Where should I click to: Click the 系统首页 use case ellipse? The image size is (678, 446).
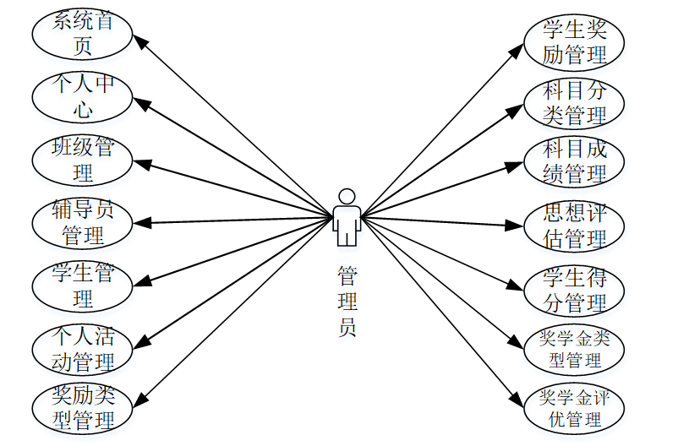[83, 33]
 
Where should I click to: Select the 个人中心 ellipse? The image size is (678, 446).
[83, 96]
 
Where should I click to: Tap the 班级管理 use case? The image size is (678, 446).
[83, 160]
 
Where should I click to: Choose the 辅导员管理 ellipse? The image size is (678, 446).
[83, 222]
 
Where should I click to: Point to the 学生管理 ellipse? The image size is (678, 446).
[83, 286]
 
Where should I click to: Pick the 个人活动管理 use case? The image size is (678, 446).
[83, 349]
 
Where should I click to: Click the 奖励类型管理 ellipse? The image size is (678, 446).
[83, 406]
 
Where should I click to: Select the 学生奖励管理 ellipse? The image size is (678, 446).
[575, 41]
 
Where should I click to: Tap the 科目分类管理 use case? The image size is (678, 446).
[575, 102]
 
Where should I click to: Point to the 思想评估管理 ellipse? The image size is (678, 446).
[575, 226]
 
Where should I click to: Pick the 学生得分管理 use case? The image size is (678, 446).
[575, 288]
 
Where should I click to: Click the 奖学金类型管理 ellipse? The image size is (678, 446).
[575, 349]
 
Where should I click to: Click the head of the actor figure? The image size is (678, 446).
[346, 196]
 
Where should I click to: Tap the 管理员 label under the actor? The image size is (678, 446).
[347, 302]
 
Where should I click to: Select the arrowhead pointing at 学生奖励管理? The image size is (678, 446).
[519, 49]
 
